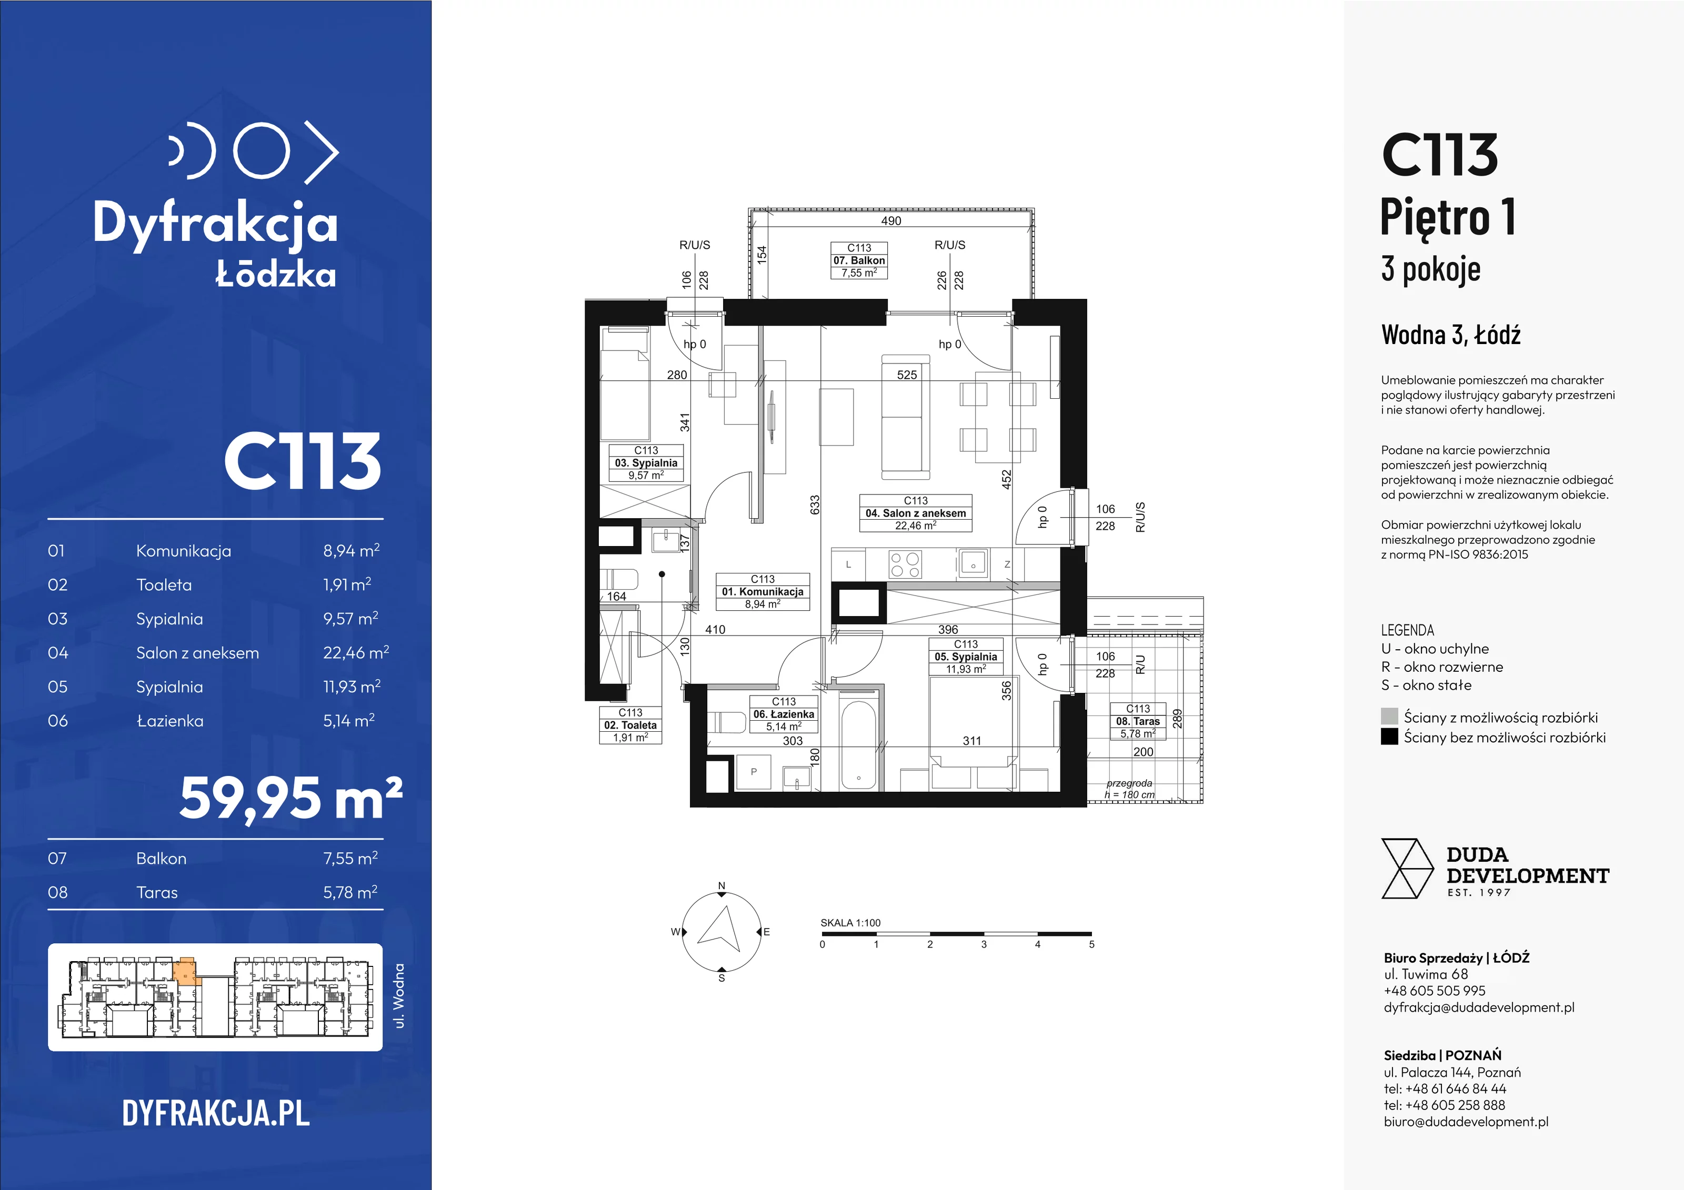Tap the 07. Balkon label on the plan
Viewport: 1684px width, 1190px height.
pyautogui.click(x=859, y=260)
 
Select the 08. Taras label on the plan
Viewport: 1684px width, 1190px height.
pyautogui.click(x=1138, y=721)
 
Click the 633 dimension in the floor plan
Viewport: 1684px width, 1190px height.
pyautogui.click(x=815, y=505)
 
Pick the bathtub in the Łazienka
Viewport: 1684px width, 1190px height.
pyautogui.click(x=858, y=745)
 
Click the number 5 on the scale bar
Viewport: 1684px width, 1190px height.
pyautogui.click(x=1091, y=944)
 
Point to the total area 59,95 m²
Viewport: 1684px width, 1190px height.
pyautogui.click(x=291, y=799)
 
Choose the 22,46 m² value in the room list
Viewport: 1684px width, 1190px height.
pyautogui.click(x=356, y=652)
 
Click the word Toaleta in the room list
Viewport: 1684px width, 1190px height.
pyautogui.click(x=164, y=585)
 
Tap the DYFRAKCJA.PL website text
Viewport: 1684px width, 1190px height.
pyautogui.click(x=216, y=1113)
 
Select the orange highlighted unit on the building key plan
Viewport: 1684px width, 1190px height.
pyautogui.click(x=186, y=969)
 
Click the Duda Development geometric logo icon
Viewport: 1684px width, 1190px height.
pyautogui.click(x=1407, y=869)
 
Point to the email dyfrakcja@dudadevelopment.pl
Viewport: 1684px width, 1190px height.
pyautogui.click(x=1479, y=1007)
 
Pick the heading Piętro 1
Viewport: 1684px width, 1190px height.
pyautogui.click(x=1448, y=218)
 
